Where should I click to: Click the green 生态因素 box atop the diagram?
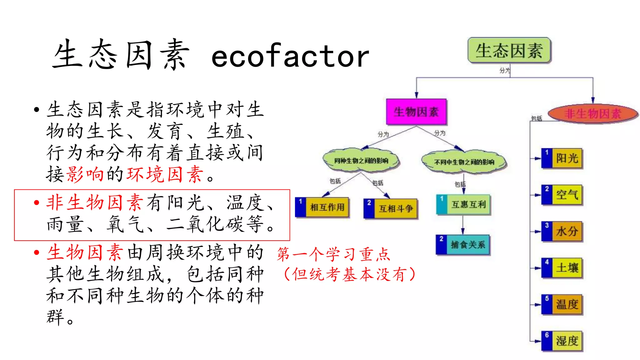pyautogui.click(x=509, y=50)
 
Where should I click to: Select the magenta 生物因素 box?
pyautogui.click(x=416, y=112)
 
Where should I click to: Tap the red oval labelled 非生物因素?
pyautogui.click(x=592, y=113)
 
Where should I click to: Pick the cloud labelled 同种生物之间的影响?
pyautogui.click(x=361, y=160)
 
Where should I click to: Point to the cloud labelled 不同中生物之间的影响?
pyautogui.click(x=464, y=162)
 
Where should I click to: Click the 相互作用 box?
pyautogui.click(x=322, y=207)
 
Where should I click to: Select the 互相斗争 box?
pyautogui.click(x=391, y=208)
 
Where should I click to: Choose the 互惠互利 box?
pyautogui.click(x=463, y=204)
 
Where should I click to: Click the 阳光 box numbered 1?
pyautogui.click(x=562, y=158)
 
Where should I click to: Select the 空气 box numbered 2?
pyautogui.click(x=562, y=195)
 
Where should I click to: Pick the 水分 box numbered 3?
pyautogui.click(x=562, y=231)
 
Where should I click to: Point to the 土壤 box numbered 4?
pyautogui.click(x=562, y=268)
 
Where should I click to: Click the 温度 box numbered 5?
pyautogui.click(x=562, y=304)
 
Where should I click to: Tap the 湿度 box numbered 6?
pyautogui.click(x=562, y=341)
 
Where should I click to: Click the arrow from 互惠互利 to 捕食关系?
pyautogui.click(x=463, y=225)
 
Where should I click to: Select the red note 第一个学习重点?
pyautogui.click(x=334, y=254)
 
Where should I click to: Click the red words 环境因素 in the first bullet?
pyautogui.click(x=165, y=174)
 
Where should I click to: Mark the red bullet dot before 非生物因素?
pyautogui.click(x=37, y=202)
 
